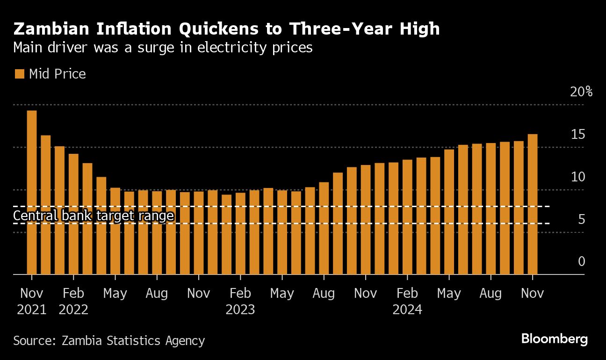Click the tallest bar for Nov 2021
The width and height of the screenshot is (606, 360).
pos(32,192)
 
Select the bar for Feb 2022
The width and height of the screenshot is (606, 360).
pos(73,214)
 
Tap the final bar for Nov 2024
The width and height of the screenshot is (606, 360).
pos(533,204)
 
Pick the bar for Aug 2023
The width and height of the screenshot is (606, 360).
pos(324,228)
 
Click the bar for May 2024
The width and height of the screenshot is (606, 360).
pos(449,212)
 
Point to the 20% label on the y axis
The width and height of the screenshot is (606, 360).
pos(581,92)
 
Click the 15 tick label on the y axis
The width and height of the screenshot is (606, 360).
pos(578,135)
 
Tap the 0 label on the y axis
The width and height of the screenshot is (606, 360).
pos(581,261)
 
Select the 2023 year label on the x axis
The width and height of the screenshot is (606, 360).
pos(240,310)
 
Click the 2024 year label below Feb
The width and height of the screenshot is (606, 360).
pos(407,310)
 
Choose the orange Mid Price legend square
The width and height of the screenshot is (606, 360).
pos(20,74)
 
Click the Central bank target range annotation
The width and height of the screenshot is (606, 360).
pos(94,216)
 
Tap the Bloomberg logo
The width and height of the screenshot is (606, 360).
pos(554,339)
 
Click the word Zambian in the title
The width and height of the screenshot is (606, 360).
pos(51,29)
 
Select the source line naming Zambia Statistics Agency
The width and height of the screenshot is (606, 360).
pos(109,340)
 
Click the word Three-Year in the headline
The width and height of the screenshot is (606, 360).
pos(340,29)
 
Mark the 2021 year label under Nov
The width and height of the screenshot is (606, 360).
pos(32,310)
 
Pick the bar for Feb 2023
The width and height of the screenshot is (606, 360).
pos(240,233)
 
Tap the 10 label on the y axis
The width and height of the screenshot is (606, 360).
pos(578,177)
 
